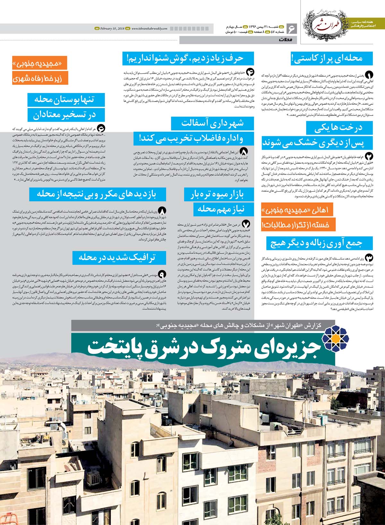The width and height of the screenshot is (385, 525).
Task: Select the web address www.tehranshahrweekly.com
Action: point(149,29)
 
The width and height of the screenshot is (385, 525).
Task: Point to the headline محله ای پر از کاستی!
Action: point(331,58)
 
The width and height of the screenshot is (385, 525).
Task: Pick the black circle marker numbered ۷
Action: point(246,224)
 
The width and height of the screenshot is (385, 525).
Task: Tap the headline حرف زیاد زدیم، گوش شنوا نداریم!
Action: point(188,59)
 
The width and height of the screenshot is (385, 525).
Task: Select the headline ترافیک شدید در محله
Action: point(119,257)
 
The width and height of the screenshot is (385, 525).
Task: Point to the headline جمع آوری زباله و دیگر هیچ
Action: point(319,243)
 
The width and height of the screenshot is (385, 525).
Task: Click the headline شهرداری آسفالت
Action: point(212,123)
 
